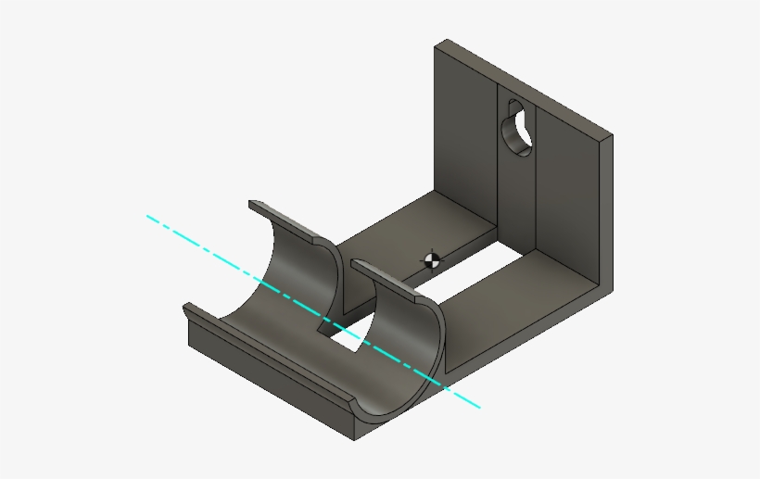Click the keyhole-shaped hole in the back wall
(x=515, y=128)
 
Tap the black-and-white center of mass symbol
(x=431, y=259)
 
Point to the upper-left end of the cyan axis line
(x=147, y=217)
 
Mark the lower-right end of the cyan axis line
(x=479, y=407)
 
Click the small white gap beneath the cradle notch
(x=348, y=340)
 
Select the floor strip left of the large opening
(x=408, y=222)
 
